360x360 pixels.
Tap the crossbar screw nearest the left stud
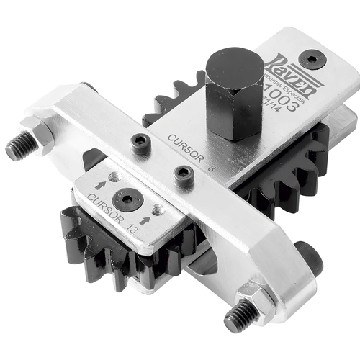click(x=138, y=142)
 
